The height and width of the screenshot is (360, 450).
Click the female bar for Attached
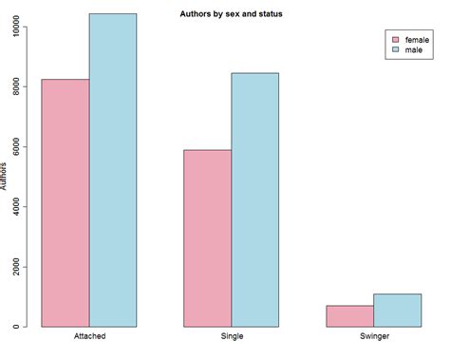[x=66, y=203]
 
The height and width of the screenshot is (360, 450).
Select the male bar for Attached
[x=113, y=170]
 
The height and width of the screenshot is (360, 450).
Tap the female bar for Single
[x=208, y=238]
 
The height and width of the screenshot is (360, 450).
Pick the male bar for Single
[x=255, y=199]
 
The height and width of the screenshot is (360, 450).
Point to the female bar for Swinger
[x=349, y=316]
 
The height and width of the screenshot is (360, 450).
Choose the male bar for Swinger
[x=397, y=311]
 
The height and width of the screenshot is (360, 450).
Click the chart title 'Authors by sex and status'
[x=231, y=14]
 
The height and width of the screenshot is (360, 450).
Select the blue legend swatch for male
[x=395, y=50]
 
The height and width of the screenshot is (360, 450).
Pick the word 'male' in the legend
[x=414, y=50]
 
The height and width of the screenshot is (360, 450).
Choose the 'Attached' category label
[x=89, y=337]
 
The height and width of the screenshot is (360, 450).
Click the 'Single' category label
[x=232, y=337]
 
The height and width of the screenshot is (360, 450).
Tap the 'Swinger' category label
[x=373, y=337]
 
